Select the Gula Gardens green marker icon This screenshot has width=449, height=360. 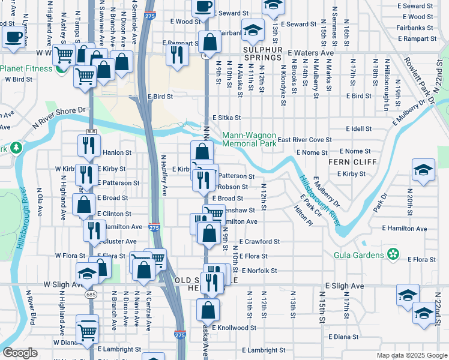tap(393, 255)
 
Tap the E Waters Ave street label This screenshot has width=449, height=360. tap(312, 53)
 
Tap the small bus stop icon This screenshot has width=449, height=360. tap(91, 131)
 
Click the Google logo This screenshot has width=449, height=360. tap(20, 353)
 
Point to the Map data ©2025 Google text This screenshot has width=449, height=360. tap(411, 355)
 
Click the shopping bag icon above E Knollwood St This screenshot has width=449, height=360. tap(208, 310)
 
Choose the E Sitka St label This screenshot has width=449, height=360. tap(226, 118)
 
